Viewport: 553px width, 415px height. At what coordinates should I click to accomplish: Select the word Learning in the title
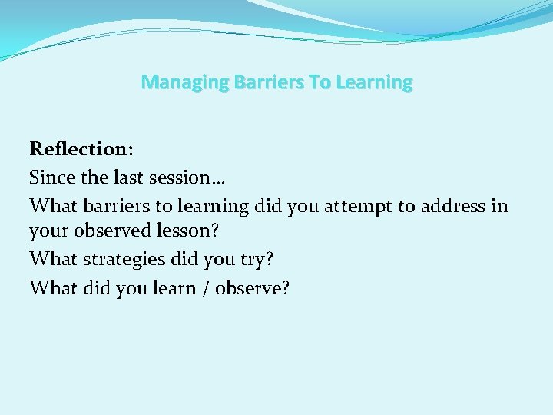(x=374, y=81)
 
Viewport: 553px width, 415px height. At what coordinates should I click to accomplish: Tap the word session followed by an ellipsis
(x=189, y=178)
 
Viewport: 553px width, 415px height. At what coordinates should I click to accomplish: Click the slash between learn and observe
(x=205, y=287)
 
